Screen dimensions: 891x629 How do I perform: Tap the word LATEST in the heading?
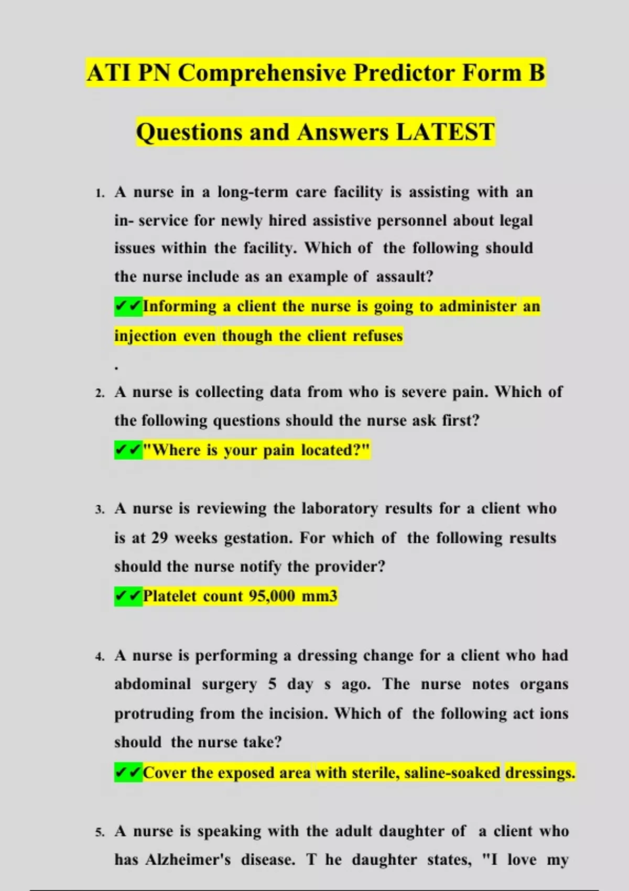pos(445,132)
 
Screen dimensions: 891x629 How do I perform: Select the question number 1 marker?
pos(100,193)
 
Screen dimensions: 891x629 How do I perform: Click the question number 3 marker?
pos(100,509)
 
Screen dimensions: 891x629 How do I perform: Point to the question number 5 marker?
pos(100,832)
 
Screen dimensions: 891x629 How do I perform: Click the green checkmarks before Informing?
pos(128,306)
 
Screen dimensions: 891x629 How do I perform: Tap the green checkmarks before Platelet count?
pos(128,596)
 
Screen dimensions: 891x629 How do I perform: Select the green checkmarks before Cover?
pos(128,773)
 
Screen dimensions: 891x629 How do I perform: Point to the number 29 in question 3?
pos(159,538)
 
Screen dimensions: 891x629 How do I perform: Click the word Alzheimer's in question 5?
pos(188,860)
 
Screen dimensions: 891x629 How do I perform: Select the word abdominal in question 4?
pos(153,684)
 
